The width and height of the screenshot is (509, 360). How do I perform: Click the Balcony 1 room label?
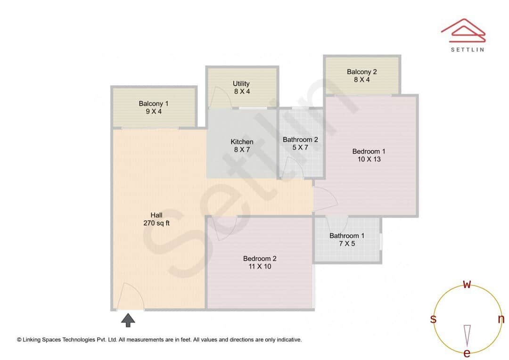154,107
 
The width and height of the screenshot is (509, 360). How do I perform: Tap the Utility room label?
241,88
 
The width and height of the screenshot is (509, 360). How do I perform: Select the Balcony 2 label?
361,76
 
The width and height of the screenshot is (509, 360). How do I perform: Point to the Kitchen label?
242,146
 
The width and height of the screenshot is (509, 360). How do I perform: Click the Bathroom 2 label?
300,143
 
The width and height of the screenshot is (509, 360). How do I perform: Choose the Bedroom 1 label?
369,155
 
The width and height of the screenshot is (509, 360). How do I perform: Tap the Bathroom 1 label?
347,239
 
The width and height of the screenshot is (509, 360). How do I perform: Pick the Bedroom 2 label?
260,262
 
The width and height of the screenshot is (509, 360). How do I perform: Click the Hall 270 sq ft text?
156,219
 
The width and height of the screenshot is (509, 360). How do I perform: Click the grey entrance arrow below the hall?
128,320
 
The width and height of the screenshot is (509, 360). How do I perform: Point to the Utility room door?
216,98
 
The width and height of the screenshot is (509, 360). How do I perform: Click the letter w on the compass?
467,284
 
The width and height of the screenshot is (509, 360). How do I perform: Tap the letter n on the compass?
501,319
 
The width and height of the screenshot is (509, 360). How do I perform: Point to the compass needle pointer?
467,335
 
